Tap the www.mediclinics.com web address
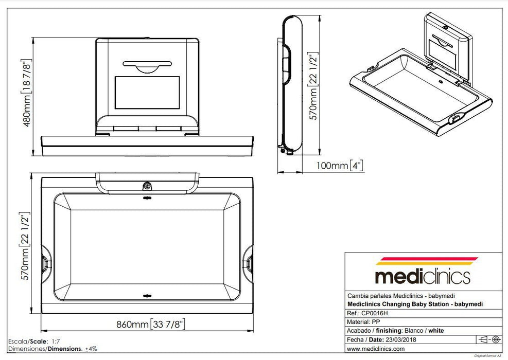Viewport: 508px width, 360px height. coord(376,349)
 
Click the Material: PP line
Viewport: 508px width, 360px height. coord(365,321)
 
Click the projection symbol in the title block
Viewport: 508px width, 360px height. coord(489,339)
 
